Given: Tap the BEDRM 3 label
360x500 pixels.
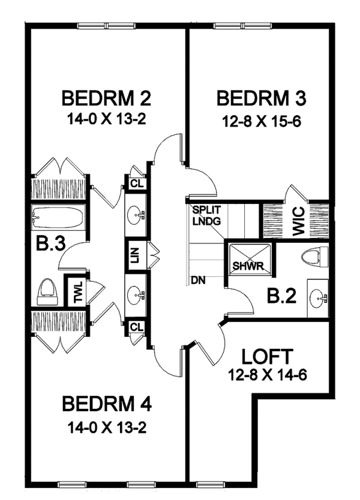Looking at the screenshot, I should [258, 98].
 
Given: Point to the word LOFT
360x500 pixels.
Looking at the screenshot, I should [268, 356].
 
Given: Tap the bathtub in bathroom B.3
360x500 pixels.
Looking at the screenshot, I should [58, 218].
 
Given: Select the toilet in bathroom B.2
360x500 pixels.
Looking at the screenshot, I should [314, 257].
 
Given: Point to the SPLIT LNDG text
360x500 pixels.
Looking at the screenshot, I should [207, 215].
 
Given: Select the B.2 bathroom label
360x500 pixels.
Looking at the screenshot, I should [281, 296].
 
